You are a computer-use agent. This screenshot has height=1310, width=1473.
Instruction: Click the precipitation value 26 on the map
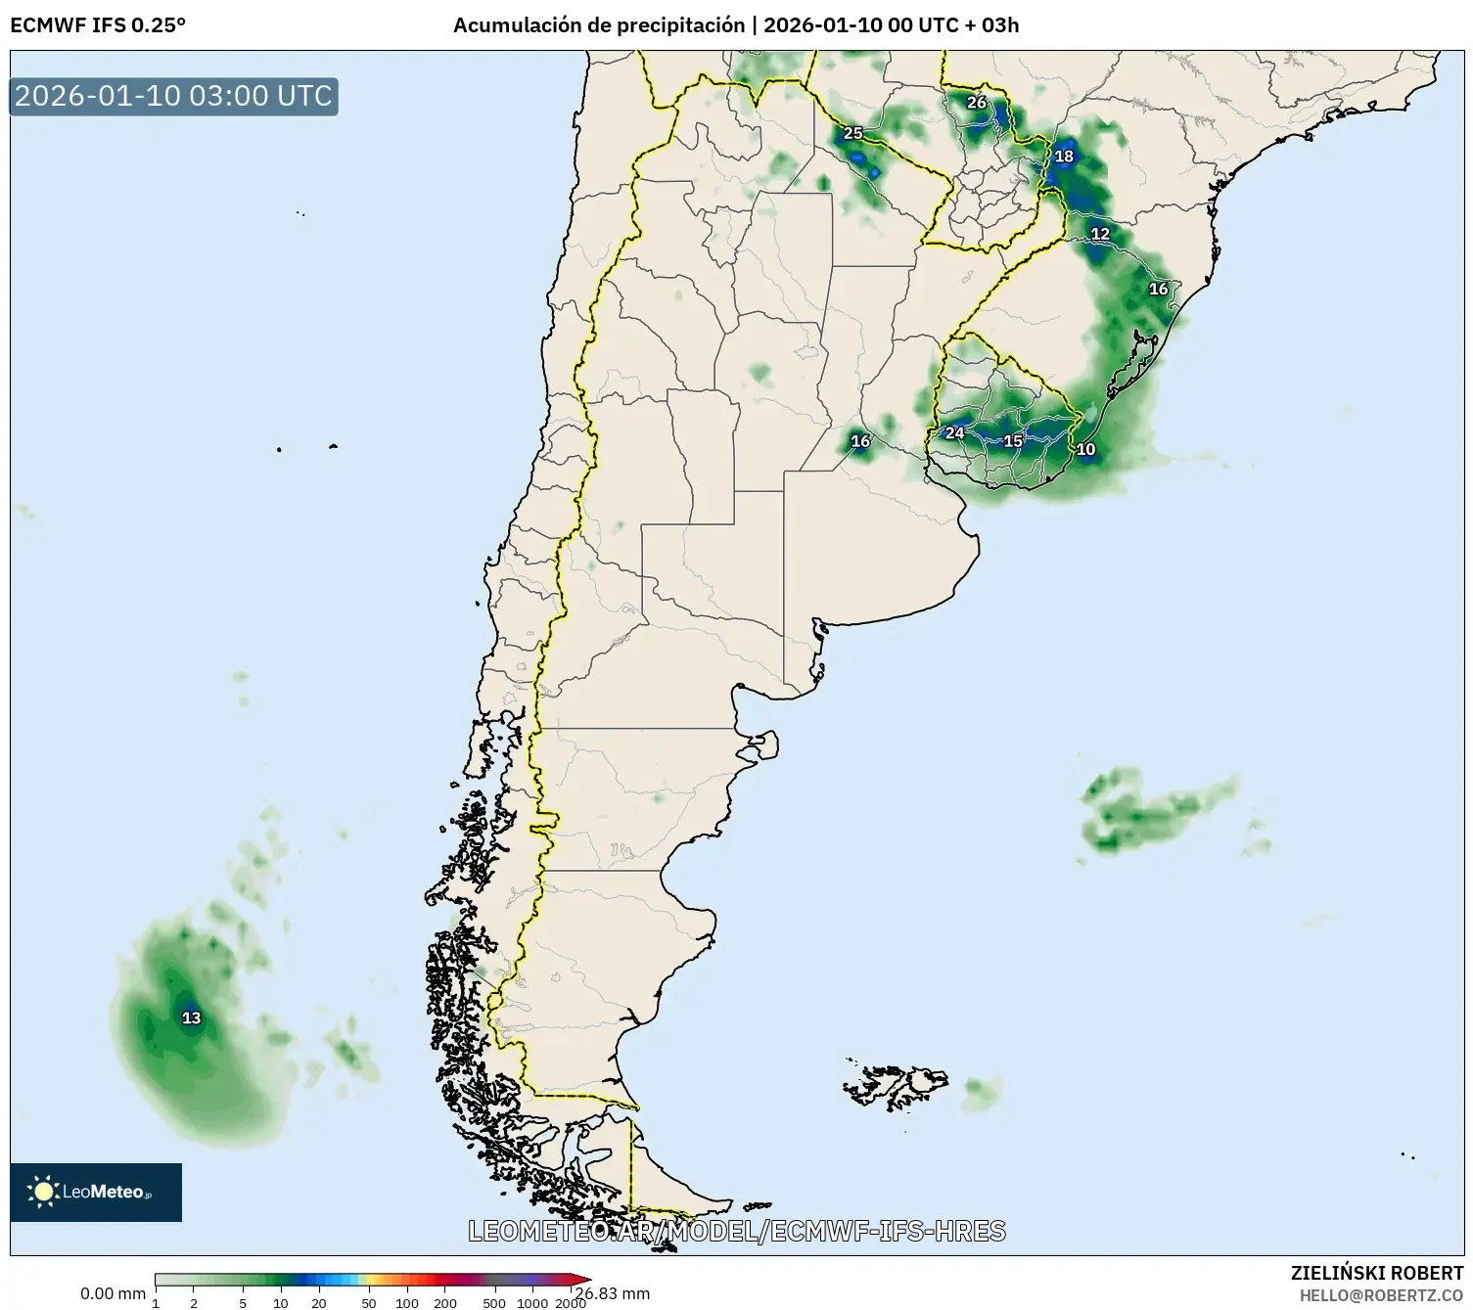click(x=976, y=103)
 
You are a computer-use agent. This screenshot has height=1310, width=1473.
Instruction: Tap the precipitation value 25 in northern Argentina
click(x=852, y=133)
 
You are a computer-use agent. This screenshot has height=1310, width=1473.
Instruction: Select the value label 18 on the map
click(x=1064, y=157)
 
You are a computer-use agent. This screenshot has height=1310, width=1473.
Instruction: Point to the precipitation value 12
click(x=1100, y=234)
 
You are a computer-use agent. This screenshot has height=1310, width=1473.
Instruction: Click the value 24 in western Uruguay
click(x=954, y=433)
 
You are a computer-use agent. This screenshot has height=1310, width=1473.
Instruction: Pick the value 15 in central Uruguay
click(x=1013, y=441)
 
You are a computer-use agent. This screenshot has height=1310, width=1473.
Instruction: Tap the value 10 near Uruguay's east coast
click(x=1085, y=450)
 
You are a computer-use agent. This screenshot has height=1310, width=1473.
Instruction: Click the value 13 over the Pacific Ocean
click(x=192, y=1018)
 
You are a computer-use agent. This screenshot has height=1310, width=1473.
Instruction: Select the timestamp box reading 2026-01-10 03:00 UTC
click(x=174, y=97)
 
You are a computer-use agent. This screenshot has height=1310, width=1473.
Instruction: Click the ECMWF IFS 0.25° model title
click(x=98, y=25)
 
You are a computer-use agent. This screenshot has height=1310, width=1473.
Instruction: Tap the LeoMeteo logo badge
click(x=96, y=1192)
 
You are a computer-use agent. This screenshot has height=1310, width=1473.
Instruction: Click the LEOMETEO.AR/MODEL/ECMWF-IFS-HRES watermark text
click(x=736, y=1231)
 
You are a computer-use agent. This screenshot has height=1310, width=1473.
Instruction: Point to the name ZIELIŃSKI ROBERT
click(x=1377, y=1273)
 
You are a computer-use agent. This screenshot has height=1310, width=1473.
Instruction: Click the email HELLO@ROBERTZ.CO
click(x=1381, y=1295)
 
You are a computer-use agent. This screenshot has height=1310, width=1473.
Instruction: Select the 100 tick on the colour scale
click(x=406, y=1302)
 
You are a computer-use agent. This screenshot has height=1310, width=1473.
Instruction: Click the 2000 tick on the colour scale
click(x=570, y=1302)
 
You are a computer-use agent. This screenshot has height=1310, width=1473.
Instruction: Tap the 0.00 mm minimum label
click(x=113, y=1294)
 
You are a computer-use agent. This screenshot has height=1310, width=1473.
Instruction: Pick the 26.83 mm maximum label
click(x=614, y=1293)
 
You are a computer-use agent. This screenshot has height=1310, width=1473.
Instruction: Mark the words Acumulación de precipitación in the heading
click(x=599, y=25)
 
